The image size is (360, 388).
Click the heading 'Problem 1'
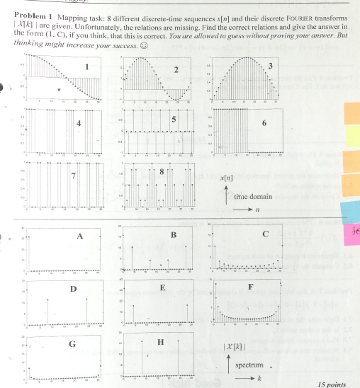(x=29, y=15)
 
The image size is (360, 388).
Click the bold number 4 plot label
(x=79, y=122)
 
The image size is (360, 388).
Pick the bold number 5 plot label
(x=173, y=119)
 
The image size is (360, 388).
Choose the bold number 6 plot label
(x=264, y=123)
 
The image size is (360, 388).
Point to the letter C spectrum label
(x=265, y=234)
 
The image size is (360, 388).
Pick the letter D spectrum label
(x=73, y=289)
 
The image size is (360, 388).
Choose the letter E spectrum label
(x=163, y=289)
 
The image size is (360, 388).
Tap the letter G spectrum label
(x=72, y=344)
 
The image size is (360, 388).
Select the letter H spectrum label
(x=160, y=342)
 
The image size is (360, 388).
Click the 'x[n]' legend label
(x=227, y=181)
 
